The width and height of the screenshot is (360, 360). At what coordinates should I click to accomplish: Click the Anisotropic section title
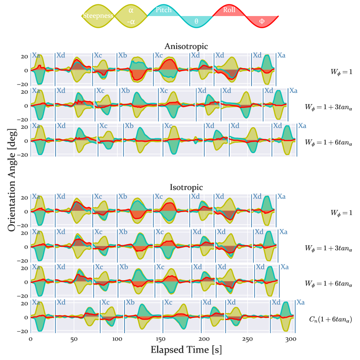click(186, 46)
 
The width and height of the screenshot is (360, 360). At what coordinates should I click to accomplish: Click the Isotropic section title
click(186, 187)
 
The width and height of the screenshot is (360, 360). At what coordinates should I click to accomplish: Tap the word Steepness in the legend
click(98, 16)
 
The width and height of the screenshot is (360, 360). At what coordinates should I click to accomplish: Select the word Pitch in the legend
click(163, 10)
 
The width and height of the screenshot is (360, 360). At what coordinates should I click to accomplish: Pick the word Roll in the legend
click(229, 9)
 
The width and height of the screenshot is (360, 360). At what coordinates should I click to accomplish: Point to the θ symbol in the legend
click(196, 21)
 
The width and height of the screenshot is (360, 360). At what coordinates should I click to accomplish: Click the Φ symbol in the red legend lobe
click(262, 21)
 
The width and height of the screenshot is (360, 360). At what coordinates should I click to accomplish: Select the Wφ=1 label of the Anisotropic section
click(341, 71)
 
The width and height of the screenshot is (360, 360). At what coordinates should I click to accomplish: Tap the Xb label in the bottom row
click(130, 302)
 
